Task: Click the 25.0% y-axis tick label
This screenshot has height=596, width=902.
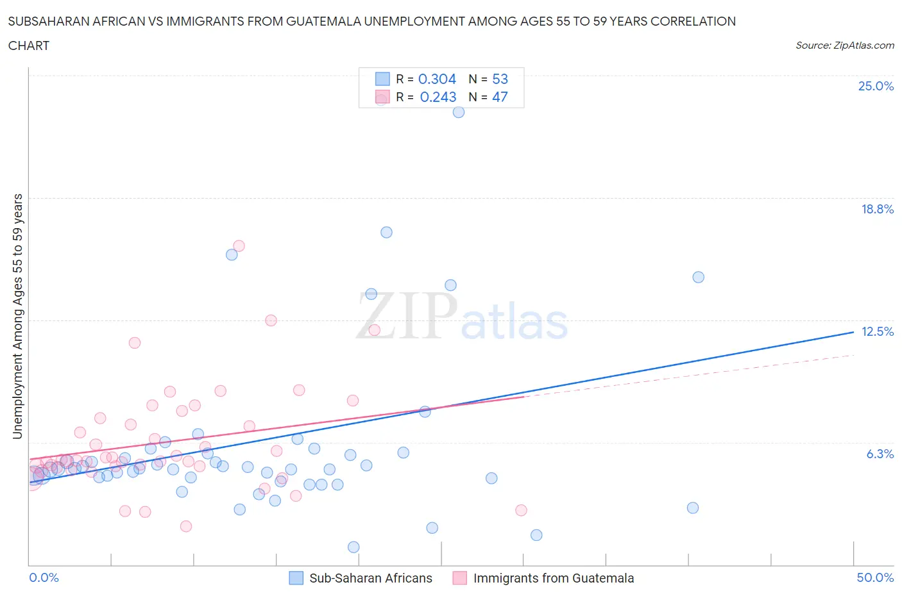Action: [876, 86]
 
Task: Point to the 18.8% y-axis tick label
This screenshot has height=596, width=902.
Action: [877, 209]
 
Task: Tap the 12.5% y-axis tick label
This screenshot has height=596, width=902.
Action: [877, 331]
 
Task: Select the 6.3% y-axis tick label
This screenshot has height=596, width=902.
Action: [880, 454]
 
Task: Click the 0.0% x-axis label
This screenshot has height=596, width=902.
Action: [44, 577]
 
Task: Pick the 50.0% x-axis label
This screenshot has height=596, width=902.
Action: [875, 577]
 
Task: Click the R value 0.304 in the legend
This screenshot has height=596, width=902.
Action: [437, 79]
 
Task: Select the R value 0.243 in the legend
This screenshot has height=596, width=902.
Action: [438, 97]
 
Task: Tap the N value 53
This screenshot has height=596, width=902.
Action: [500, 79]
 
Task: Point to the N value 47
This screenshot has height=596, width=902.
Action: [500, 97]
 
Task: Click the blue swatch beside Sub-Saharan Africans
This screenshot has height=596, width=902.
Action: [296, 578]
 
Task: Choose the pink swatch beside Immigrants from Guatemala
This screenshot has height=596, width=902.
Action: [459, 578]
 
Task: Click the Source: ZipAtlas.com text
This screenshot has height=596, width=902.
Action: [844, 45]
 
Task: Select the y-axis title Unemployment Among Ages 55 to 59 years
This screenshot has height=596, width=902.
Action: [17, 316]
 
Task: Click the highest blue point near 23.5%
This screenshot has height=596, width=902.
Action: [459, 112]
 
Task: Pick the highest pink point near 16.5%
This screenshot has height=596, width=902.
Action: [239, 245]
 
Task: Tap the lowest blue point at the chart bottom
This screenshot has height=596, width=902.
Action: [353, 547]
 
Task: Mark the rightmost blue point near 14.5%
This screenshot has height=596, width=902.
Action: [698, 277]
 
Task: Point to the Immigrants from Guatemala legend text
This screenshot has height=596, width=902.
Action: [553, 578]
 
